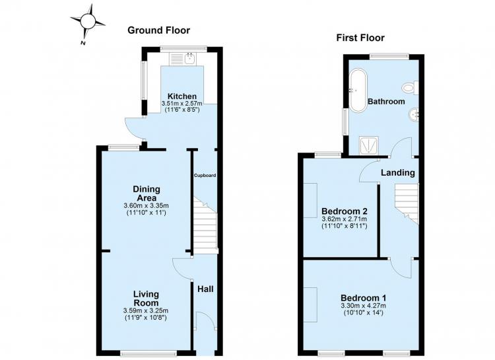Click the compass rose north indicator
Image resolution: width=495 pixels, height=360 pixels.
point(87,22)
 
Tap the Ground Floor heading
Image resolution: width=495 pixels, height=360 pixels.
point(158,30)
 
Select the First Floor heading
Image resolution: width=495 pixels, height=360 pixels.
point(360,38)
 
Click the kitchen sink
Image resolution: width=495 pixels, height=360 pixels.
point(183,59)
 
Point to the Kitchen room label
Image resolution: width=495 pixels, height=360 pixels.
point(182,96)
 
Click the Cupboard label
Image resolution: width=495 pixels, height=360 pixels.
point(205,175)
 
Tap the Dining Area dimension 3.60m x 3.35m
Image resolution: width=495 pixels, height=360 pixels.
point(146,206)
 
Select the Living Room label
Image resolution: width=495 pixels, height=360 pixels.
point(146,299)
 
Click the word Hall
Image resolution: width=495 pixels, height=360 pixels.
point(205,289)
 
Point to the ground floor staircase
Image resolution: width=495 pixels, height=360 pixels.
point(205,225)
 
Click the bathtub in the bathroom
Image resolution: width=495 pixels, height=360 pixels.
point(358,90)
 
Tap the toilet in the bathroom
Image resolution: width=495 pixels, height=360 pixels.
point(410,87)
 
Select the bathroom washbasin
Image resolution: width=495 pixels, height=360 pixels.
point(414,115)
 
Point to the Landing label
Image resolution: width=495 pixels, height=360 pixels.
point(398,173)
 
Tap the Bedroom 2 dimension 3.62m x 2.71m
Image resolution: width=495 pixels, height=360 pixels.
point(344,219)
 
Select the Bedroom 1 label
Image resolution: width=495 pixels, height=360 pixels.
point(364,298)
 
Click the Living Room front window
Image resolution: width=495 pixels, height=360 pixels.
point(148,353)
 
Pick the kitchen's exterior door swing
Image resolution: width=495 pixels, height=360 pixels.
point(135,129)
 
